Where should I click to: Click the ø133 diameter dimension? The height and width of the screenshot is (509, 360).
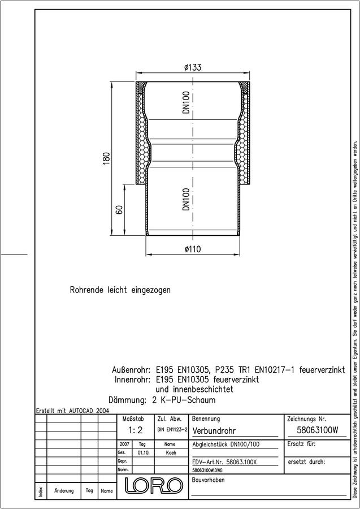pyautogui.click(x=193, y=67)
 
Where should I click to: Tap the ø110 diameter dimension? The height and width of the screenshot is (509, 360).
pyautogui.click(x=193, y=249)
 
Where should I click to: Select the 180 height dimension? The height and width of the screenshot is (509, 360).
pyautogui.click(x=107, y=158)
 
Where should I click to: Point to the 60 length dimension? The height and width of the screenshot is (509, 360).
pyautogui.click(x=119, y=210)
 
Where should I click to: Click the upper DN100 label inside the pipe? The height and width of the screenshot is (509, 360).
pyautogui.click(x=186, y=102)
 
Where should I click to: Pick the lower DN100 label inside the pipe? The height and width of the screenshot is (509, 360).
pyautogui.click(x=186, y=199)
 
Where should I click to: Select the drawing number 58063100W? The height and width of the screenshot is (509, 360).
pyautogui.click(x=318, y=430)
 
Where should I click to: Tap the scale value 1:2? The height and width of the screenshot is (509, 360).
pyautogui.click(x=135, y=430)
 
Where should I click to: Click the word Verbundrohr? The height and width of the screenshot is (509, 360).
pyautogui.click(x=214, y=431)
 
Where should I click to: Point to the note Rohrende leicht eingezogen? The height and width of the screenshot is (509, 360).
pyautogui.click(x=120, y=290)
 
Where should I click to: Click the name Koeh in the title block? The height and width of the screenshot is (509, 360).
pyautogui.click(x=171, y=452)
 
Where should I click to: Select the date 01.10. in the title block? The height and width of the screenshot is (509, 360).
pyautogui.click(x=143, y=452)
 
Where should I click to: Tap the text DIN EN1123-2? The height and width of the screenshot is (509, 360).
pyautogui.click(x=172, y=429)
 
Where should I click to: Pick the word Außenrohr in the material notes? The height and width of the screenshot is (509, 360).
pyautogui.click(x=131, y=370)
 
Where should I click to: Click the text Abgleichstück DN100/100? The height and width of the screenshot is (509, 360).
pyautogui.click(x=225, y=445)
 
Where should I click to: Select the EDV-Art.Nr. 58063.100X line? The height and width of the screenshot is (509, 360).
pyautogui.click(x=224, y=462)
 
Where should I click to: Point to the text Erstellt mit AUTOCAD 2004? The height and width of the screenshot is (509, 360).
pyautogui.click(x=72, y=411)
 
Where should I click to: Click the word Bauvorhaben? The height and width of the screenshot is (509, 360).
pyautogui.click(x=208, y=480)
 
